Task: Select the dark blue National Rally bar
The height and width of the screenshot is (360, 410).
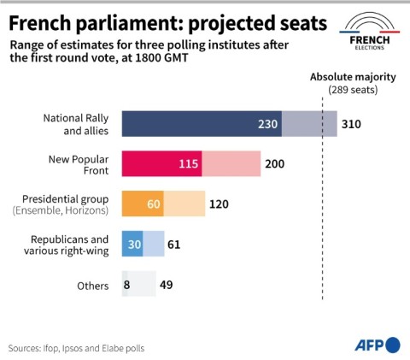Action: click(188, 124)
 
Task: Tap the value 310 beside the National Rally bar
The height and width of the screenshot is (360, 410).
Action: click(351, 124)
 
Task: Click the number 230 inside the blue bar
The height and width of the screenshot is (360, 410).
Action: click(268, 124)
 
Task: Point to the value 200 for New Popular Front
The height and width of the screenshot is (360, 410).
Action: click(274, 163)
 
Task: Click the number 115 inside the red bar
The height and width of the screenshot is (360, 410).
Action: click(187, 163)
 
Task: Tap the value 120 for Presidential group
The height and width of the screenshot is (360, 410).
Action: click(220, 204)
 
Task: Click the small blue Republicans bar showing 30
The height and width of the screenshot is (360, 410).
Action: click(132, 245)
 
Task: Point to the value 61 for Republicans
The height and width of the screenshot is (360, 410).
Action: click(174, 245)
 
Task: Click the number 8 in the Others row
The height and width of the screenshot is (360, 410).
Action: click(126, 285)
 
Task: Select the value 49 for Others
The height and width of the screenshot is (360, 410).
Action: click(167, 285)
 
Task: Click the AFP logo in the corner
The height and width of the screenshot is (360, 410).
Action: click(377, 344)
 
